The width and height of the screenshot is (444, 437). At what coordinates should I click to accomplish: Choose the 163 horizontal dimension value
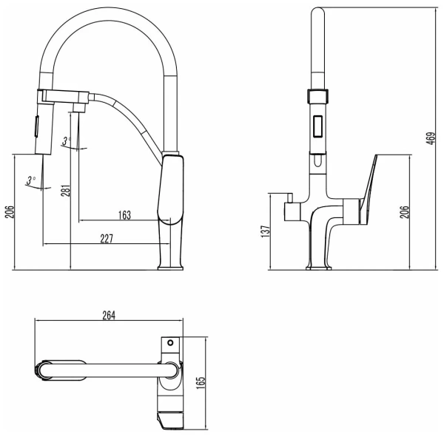point(124,215)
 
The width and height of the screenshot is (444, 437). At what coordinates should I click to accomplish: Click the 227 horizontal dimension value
point(107,238)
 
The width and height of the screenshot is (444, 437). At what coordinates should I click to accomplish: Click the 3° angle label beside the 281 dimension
point(66,140)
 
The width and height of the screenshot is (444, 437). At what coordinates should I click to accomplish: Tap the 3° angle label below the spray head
point(30,180)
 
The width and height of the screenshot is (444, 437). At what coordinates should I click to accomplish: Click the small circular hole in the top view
point(169,343)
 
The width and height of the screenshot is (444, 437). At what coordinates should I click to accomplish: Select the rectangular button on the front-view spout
point(317,129)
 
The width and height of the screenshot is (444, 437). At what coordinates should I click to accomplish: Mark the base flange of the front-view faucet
point(317,267)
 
